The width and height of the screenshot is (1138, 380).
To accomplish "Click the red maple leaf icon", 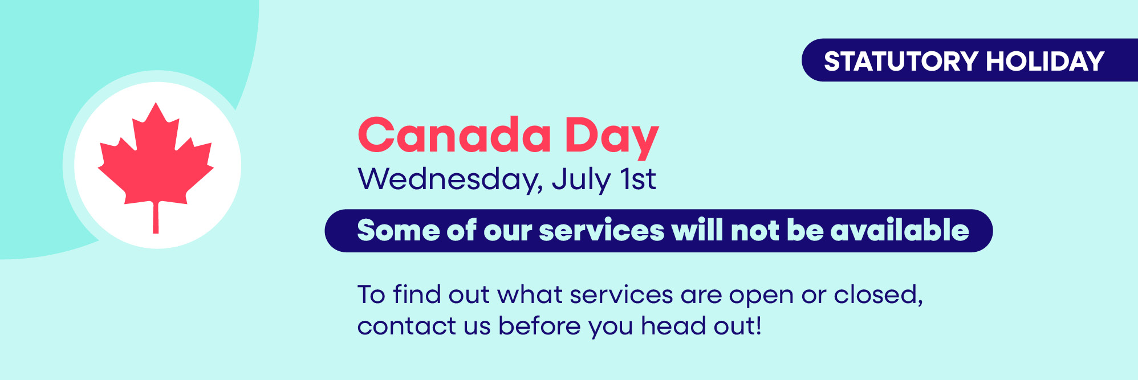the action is coord(156,160).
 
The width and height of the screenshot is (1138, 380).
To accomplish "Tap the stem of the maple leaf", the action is coord(156,218).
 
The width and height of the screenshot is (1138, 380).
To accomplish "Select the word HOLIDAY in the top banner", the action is coord(1044,61).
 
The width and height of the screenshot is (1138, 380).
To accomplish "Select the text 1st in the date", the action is coord(638,179).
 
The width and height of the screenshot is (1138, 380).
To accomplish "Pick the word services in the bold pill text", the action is coord(601,232).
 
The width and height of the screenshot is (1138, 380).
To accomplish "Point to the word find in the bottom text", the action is coord(417,295).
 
